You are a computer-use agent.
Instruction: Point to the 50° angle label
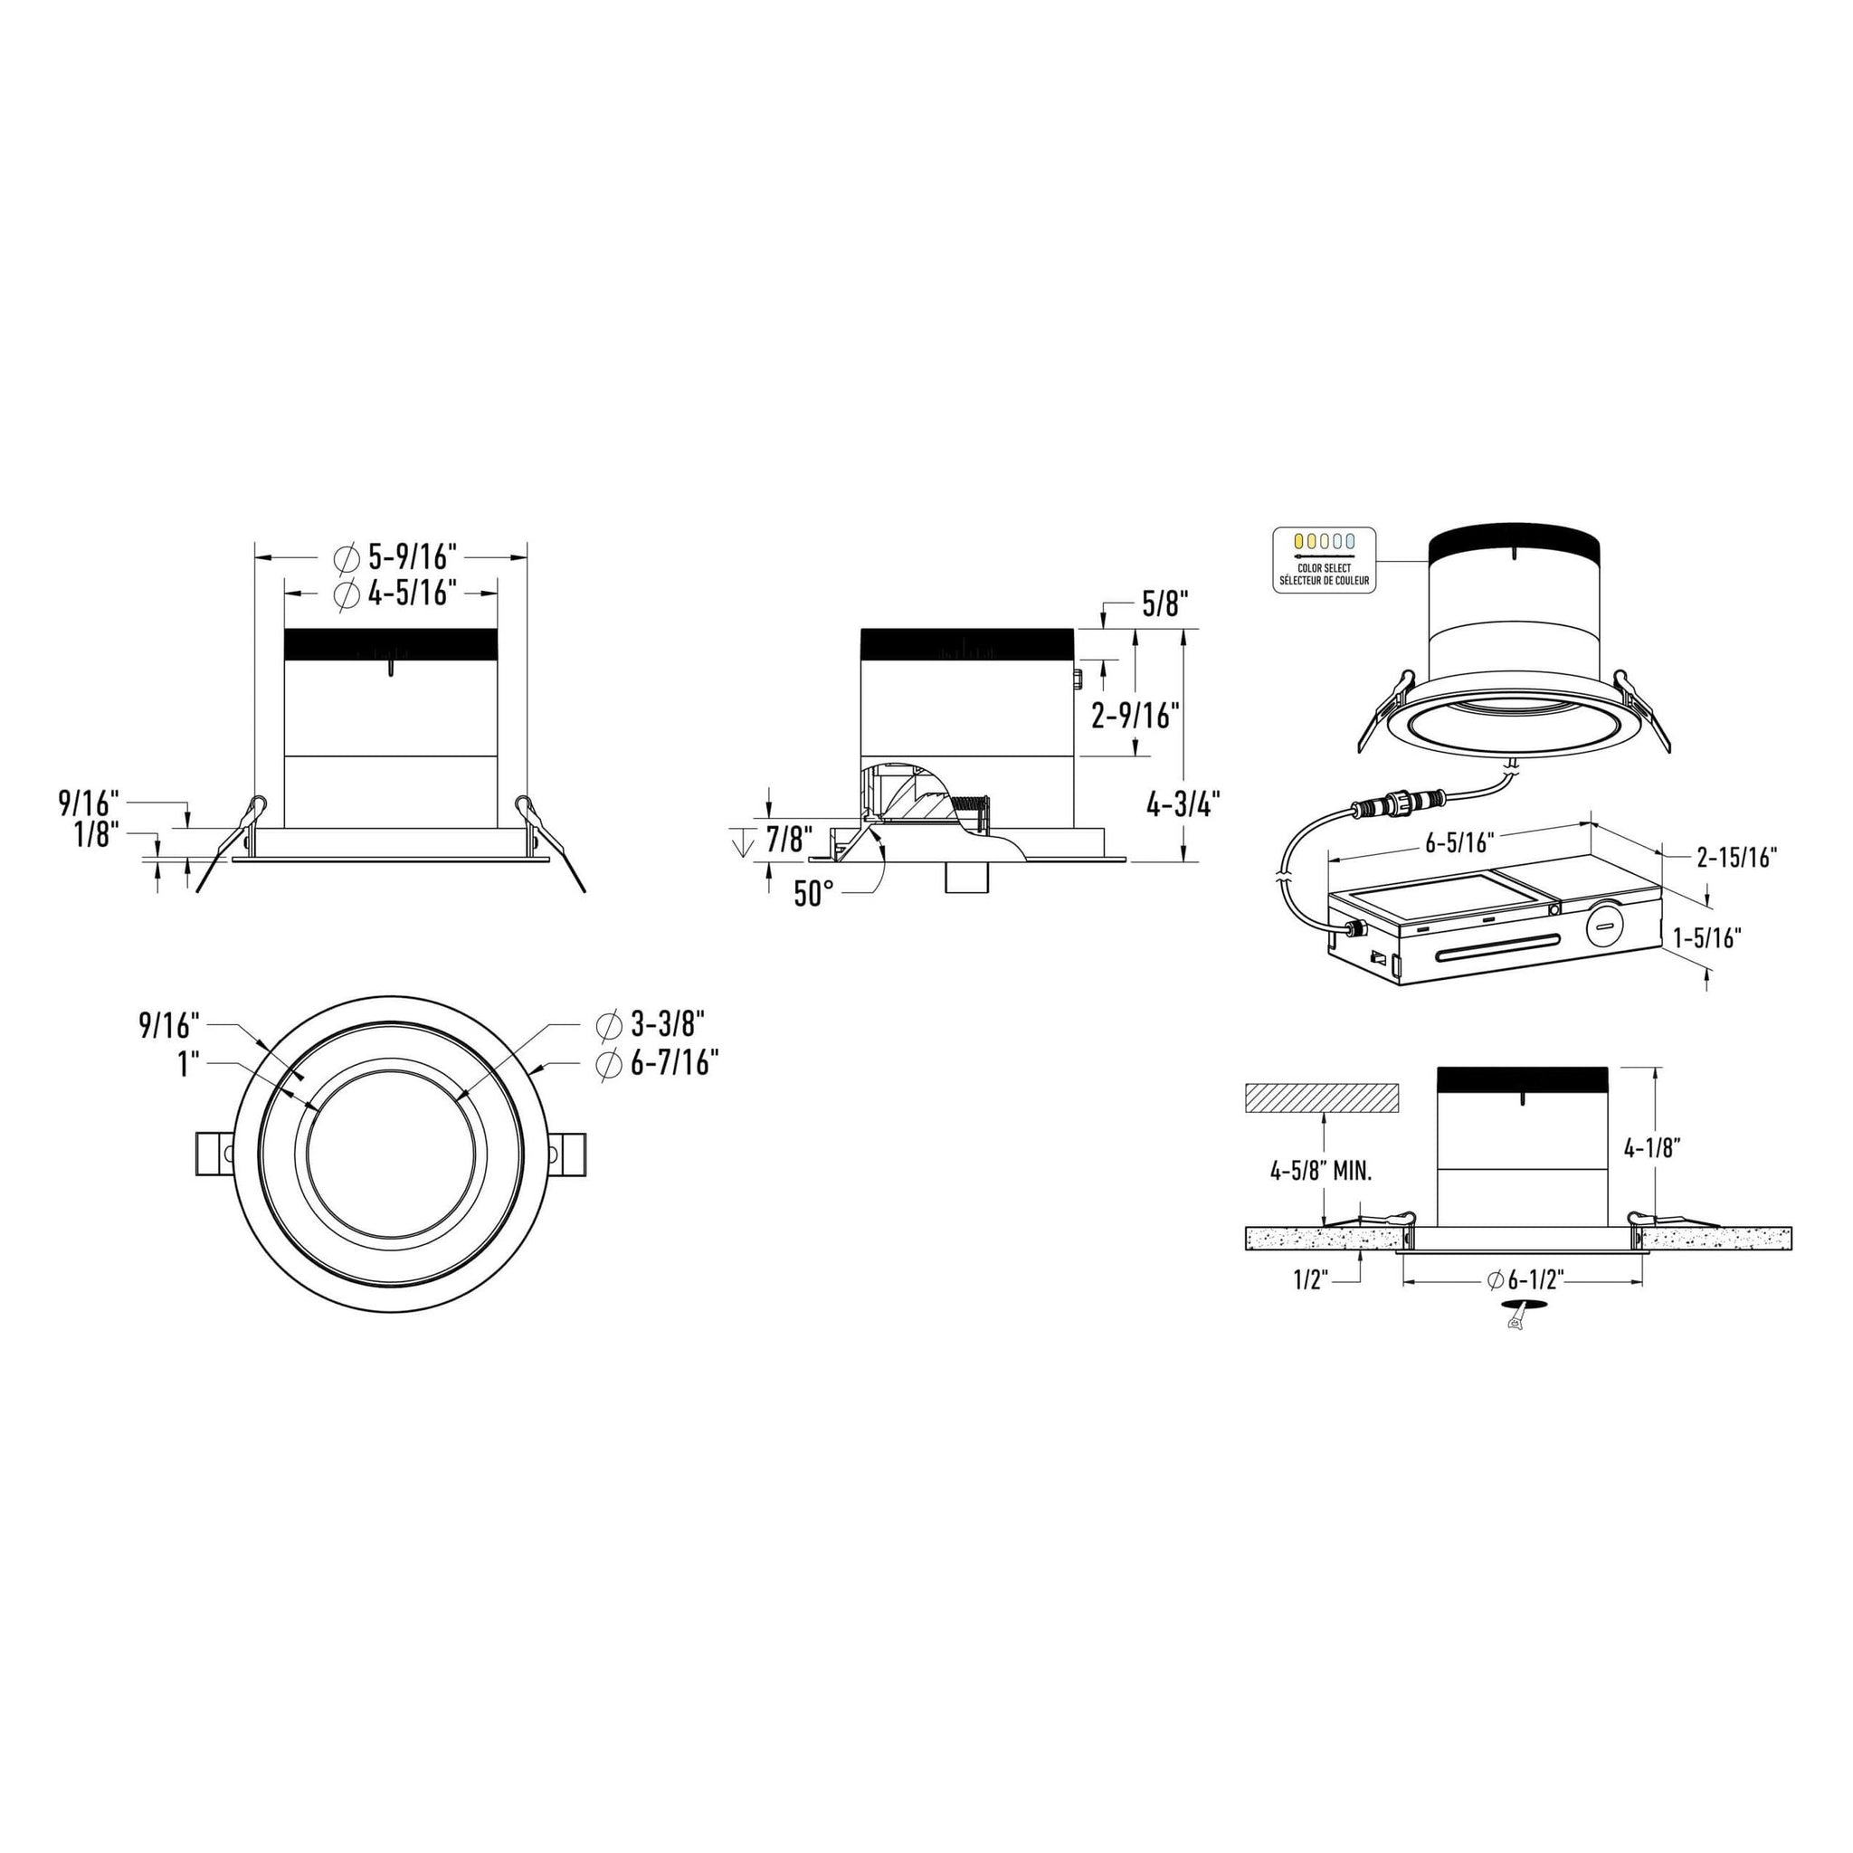click(x=812, y=894)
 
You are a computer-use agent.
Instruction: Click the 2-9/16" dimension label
click(x=1135, y=715)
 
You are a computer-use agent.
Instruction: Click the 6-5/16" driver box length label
click(x=1460, y=842)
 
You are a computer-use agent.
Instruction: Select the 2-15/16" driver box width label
click(x=1737, y=857)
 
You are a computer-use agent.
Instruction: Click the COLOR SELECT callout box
click(x=1325, y=559)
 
